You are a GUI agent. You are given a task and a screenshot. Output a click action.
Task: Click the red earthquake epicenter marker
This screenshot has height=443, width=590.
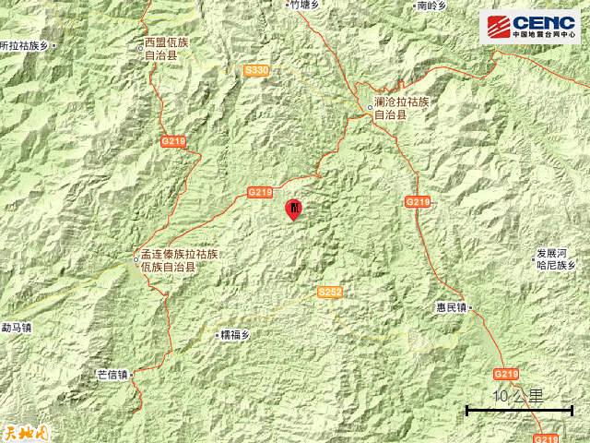click(294, 210)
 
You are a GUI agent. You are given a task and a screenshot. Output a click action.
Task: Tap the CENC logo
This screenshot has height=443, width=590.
click(529, 26)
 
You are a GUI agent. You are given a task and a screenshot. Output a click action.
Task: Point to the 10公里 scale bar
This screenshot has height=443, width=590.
click(519, 409)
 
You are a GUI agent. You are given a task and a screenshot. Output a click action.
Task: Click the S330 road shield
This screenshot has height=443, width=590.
click(257, 70)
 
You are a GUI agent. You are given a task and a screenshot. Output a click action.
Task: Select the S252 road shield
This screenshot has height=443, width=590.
click(329, 292)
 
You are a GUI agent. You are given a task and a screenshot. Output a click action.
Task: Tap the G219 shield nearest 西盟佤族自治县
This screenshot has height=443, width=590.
click(173, 141)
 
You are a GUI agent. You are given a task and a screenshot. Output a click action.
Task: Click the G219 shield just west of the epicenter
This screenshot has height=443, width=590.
click(260, 192)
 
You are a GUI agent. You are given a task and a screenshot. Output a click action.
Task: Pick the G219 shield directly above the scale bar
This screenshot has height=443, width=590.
click(506, 374)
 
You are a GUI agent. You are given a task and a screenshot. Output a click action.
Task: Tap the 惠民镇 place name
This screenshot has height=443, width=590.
click(449, 306)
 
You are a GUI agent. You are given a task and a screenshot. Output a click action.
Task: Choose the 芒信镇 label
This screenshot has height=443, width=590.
click(112, 375)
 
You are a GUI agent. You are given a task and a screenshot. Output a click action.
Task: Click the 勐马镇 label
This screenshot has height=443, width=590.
click(16, 327)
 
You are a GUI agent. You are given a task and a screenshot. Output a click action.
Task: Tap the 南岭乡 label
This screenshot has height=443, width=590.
click(431, 6)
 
